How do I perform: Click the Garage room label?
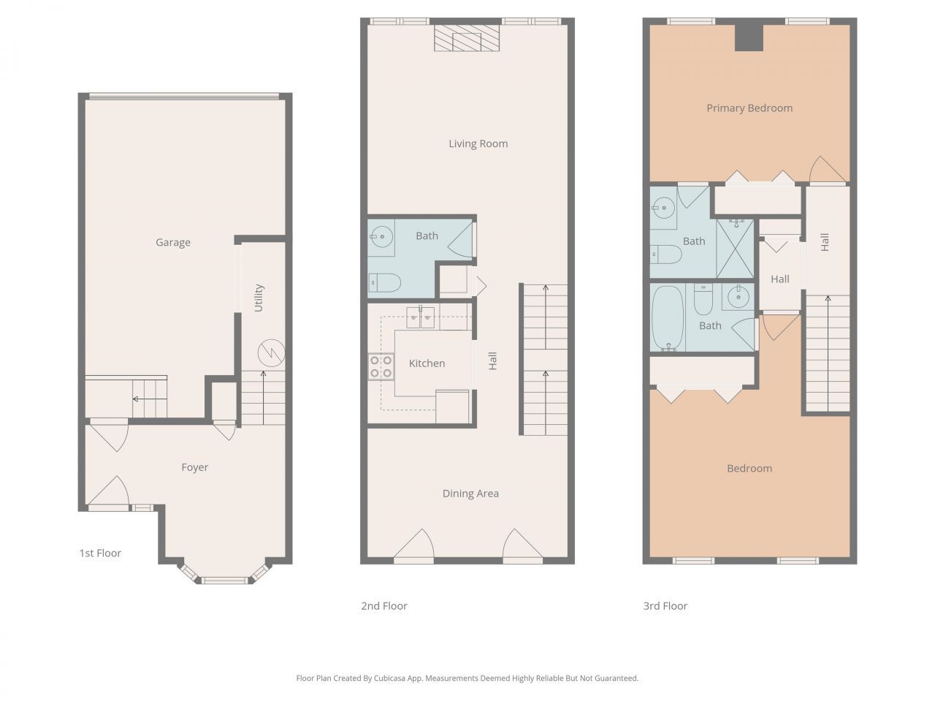click(173, 243)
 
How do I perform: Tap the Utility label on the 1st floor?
click(259, 298)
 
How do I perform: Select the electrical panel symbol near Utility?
click(271, 353)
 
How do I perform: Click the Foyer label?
click(195, 467)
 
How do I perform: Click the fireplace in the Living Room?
click(467, 38)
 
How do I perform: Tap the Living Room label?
click(478, 144)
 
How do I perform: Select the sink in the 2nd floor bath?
click(381, 235)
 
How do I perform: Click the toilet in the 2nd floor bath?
click(384, 282)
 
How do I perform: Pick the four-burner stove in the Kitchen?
click(380, 366)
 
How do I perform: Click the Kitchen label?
click(427, 363)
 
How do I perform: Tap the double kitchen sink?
click(420, 317)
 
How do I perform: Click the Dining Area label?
click(470, 494)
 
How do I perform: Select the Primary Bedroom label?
click(749, 108)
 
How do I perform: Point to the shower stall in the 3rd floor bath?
click(735, 248)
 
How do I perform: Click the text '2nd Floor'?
click(384, 605)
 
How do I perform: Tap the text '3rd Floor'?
click(665, 605)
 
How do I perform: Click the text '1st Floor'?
click(100, 553)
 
